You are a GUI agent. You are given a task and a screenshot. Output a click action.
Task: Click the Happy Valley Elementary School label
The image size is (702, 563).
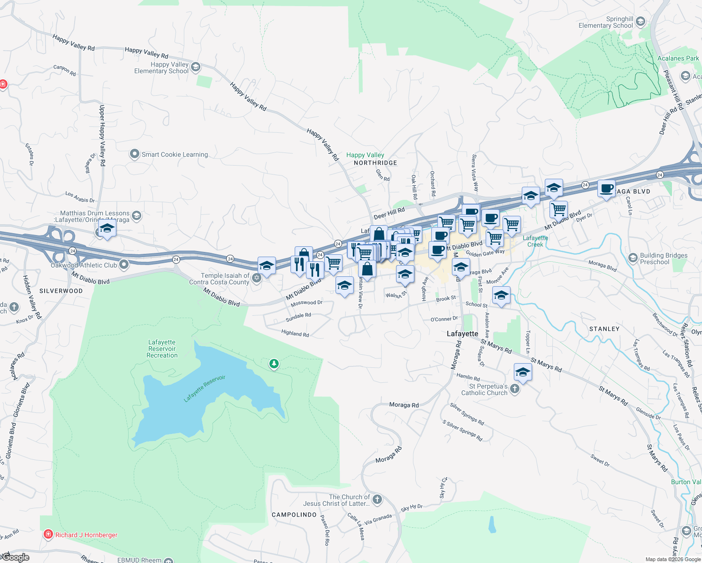click(161, 68)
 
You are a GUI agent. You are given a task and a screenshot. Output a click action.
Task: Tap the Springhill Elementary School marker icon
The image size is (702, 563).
click(641, 22)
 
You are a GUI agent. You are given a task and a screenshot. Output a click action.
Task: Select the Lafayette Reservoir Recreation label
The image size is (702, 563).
click(162, 349)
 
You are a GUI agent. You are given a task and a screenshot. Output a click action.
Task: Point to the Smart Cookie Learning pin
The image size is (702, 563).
click(135, 154)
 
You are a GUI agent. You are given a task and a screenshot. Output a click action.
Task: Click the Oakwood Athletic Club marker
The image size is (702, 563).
click(124, 265)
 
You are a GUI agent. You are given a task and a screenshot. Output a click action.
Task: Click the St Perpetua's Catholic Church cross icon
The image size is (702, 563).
click(515, 388)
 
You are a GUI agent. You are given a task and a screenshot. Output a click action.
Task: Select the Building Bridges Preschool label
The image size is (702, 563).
click(664, 259)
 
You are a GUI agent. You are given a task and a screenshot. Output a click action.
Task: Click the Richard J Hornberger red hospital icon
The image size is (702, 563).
click(48, 534)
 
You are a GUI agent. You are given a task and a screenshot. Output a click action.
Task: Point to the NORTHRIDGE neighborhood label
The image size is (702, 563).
click(375, 163)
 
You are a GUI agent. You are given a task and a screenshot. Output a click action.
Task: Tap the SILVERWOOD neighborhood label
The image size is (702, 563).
click(61, 291)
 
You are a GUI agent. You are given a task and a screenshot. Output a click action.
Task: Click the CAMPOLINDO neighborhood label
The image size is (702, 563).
click(294, 515)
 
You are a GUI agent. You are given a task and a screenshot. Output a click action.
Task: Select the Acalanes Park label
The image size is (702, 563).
click(678, 59)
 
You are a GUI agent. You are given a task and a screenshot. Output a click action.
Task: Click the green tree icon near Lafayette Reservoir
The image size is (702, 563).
click(274, 364)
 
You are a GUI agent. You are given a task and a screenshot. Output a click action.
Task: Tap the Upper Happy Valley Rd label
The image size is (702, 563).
click(102, 136)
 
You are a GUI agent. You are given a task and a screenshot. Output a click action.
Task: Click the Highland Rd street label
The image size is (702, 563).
click(295, 334)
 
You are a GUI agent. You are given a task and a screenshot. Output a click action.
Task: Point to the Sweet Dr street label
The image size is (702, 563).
click(600, 460)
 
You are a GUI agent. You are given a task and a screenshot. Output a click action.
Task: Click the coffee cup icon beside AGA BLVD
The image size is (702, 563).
click(606, 189)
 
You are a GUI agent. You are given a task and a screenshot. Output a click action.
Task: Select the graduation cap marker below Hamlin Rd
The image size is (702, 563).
click(523, 373)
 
